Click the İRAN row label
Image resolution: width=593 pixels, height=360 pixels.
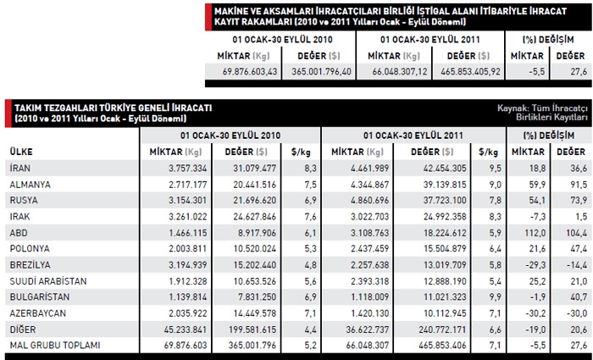click(19, 168)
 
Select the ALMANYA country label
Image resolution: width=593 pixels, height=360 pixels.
click(29, 184)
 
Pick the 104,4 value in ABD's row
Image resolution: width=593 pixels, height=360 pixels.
click(576, 232)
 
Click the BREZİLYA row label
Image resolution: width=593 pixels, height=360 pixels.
click(30, 263)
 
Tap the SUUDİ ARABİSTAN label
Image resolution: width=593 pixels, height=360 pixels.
click(47, 280)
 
